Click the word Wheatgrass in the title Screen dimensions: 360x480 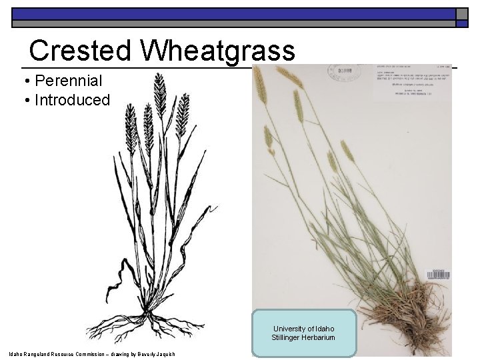click(217, 51)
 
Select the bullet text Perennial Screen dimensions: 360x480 click(68, 81)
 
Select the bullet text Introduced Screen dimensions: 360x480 click(72, 100)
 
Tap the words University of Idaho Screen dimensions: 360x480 click(303, 328)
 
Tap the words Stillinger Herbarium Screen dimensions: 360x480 click(303, 338)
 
